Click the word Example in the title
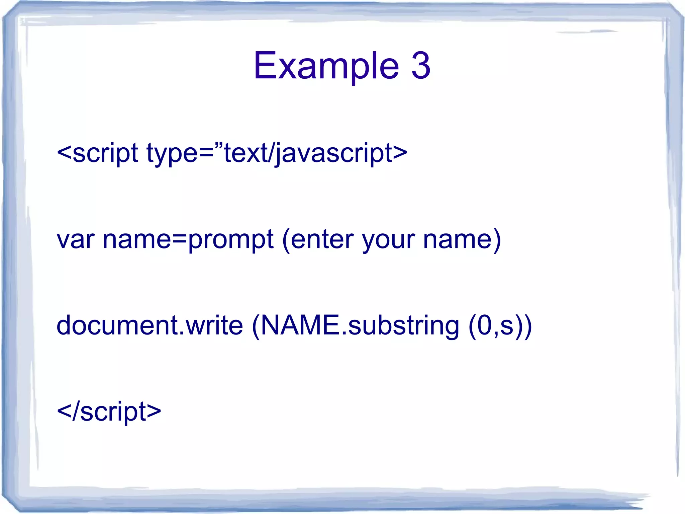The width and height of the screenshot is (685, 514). [x=326, y=66]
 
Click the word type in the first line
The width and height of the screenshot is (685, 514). [x=172, y=153]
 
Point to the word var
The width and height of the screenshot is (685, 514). [x=76, y=240]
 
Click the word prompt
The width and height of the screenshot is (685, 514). [x=231, y=240]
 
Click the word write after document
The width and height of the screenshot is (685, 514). [x=214, y=325]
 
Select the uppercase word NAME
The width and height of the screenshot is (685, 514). [x=299, y=325]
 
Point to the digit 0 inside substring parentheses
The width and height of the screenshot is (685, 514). [x=484, y=325]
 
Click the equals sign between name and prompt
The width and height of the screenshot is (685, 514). [x=179, y=240]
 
